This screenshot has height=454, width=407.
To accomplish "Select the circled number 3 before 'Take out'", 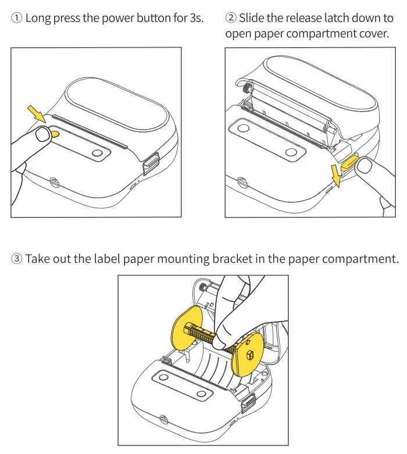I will pos(16,258).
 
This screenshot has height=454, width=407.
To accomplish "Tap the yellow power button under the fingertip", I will pos(53,134).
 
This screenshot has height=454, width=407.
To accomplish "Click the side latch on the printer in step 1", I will pos(151,163).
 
